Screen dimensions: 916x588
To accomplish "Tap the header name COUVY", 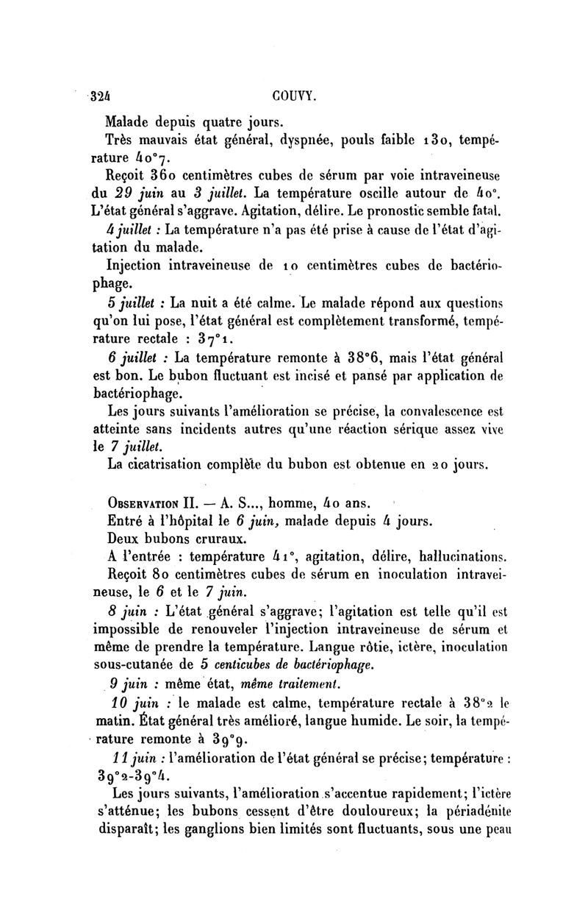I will pyautogui.click(x=293, y=95).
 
